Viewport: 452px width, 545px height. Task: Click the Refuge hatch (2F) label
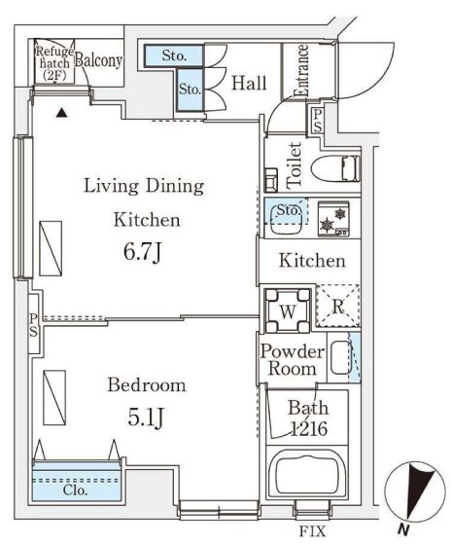(x=53, y=61)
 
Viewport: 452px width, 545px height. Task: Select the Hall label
(x=249, y=84)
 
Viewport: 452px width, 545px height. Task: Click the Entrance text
(x=301, y=70)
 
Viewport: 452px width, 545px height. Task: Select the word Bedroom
(x=146, y=385)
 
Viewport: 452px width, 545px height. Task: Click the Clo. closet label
(x=75, y=490)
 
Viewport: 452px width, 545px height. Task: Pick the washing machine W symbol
(x=289, y=309)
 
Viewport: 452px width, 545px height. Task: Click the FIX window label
(x=312, y=531)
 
